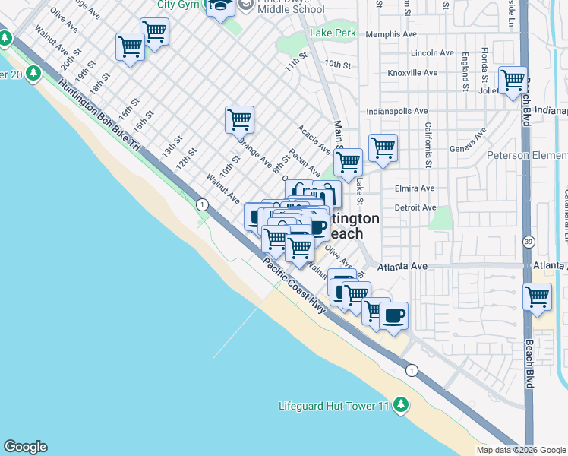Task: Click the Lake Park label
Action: [333, 33]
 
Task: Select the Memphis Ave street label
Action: [391, 34]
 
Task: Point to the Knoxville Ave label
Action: [412, 73]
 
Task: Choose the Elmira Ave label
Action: [415, 188]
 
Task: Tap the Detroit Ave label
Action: [415, 207]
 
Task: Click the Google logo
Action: [25, 447]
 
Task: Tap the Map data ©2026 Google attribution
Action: [521, 450]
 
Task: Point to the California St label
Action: [428, 144]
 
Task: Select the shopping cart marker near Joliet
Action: [513, 80]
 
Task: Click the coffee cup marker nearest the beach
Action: [393, 314]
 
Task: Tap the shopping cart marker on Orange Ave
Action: [239, 119]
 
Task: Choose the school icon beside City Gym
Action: [220, 7]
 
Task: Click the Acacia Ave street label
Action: [314, 139]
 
